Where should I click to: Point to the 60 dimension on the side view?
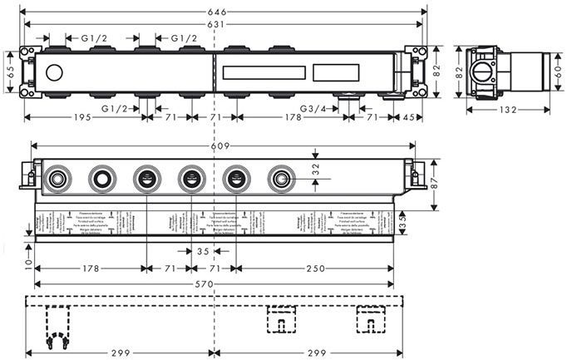click(555, 72)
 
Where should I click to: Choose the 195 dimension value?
click(80, 117)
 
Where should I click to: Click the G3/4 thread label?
click(315, 109)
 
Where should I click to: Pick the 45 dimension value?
click(412, 117)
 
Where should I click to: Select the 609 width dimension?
click(218, 146)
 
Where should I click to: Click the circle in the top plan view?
click(56, 73)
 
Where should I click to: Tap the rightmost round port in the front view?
click(279, 178)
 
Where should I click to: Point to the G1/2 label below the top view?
click(116, 109)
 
